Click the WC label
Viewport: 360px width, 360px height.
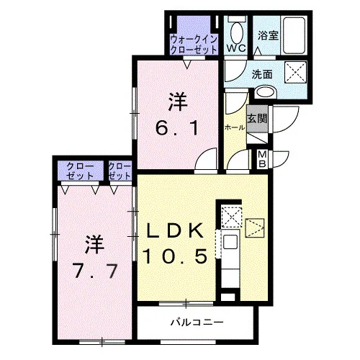click(x=236, y=48)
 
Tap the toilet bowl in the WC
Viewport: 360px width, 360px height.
click(x=237, y=32)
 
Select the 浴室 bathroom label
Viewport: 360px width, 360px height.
click(x=268, y=35)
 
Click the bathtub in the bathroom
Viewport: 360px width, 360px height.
click(x=294, y=35)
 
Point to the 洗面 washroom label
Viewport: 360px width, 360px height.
click(x=262, y=75)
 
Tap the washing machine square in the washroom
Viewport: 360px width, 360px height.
click(x=295, y=72)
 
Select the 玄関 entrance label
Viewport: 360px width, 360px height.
click(x=258, y=118)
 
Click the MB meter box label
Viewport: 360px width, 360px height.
click(x=262, y=159)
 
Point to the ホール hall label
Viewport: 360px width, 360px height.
click(x=235, y=127)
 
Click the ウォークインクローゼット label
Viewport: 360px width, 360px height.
click(x=194, y=45)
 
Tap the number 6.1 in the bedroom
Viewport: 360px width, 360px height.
click(x=177, y=128)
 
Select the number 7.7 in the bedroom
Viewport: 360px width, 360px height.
click(x=96, y=271)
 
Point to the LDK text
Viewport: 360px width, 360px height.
click(x=175, y=230)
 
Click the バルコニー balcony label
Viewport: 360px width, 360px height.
click(x=197, y=322)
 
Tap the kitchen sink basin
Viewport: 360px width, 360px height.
click(x=230, y=242)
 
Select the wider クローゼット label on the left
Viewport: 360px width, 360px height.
click(x=80, y=171)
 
